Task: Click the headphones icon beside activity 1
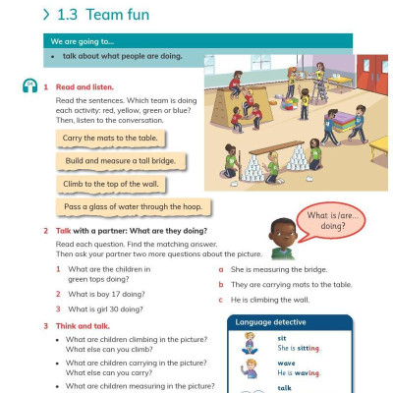point(29,87)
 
